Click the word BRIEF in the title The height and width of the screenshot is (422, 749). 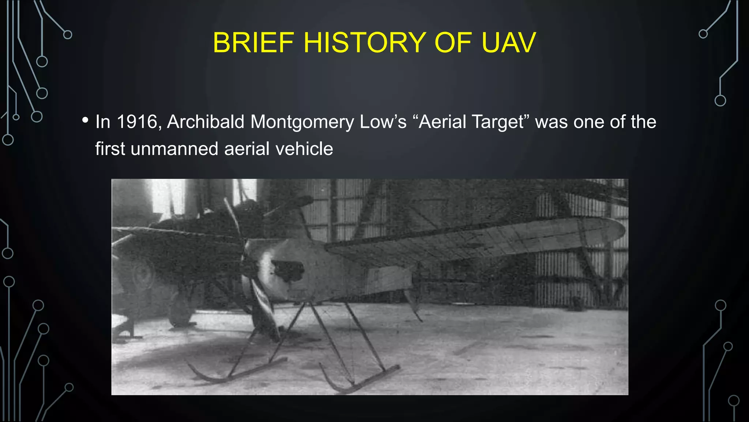pyautogui.click(x=253, y=42)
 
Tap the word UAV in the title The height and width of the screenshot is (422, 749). pyautogui.click(x=509, y=42)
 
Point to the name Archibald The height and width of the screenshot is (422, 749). pyautogui.click(x=206, y=122)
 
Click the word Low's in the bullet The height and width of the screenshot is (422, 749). pyautogui.click(x=383, y=122)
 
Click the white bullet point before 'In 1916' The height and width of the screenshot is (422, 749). pyautogui.click(x=85, y=120)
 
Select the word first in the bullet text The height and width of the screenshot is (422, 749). pyautogui.click(x=110, y=149)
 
